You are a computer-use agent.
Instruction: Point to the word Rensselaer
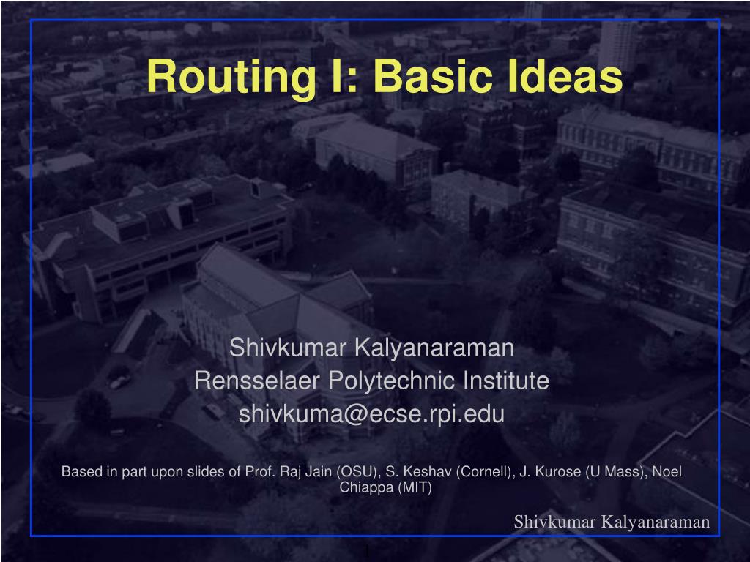(257, 381)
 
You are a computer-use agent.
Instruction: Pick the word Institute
(506, 381)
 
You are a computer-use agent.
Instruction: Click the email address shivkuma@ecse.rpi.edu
(372, 414)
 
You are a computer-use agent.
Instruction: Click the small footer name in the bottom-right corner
(612, 522)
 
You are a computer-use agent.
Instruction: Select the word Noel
(667, 471)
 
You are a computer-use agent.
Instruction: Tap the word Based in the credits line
(78, 471)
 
